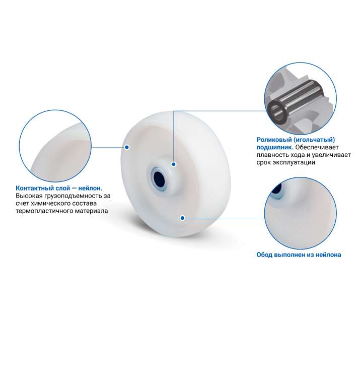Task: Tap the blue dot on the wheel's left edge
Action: (x=127, y=147)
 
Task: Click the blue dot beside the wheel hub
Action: (x=174, y=164)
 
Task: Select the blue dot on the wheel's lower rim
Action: (x=182, y=218)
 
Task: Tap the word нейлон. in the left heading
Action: (x=90, y=188)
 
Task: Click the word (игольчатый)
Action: (x=313, y=140)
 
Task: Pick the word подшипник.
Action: (x=275, y=147)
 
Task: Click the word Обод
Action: (x=264, y=255)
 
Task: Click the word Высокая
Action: (x=29, y=196)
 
